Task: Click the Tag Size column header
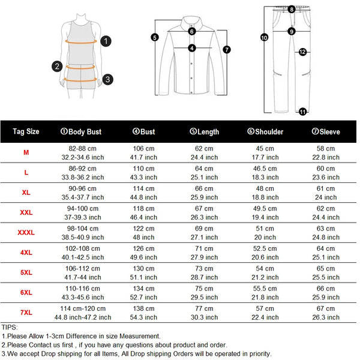point(26,131)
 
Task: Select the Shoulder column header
point(265,131)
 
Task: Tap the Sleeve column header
point(326,131)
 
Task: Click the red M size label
point(26,153)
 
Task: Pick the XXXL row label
point(26,233)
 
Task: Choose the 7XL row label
point(26,313)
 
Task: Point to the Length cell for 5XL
point(205,272)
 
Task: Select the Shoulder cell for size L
point(265,173)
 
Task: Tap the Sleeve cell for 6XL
point(326,293)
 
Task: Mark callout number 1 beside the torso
point(106,41)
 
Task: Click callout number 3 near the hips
point(107,79)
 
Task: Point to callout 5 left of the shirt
point(154,37)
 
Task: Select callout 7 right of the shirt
point(227,50)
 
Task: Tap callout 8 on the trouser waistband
point(291,9)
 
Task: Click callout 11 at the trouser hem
point(302,112)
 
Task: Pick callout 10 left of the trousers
point(264,37)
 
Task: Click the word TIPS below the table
point(10,327)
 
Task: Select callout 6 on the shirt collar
point(192,31)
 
